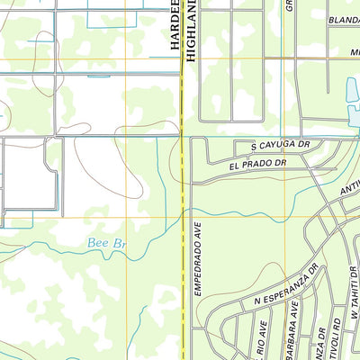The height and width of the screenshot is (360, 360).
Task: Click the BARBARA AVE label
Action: click(293, 330)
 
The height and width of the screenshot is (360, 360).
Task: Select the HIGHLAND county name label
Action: click(191, 31)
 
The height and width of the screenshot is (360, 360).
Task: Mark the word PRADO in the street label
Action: click(256, 165)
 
